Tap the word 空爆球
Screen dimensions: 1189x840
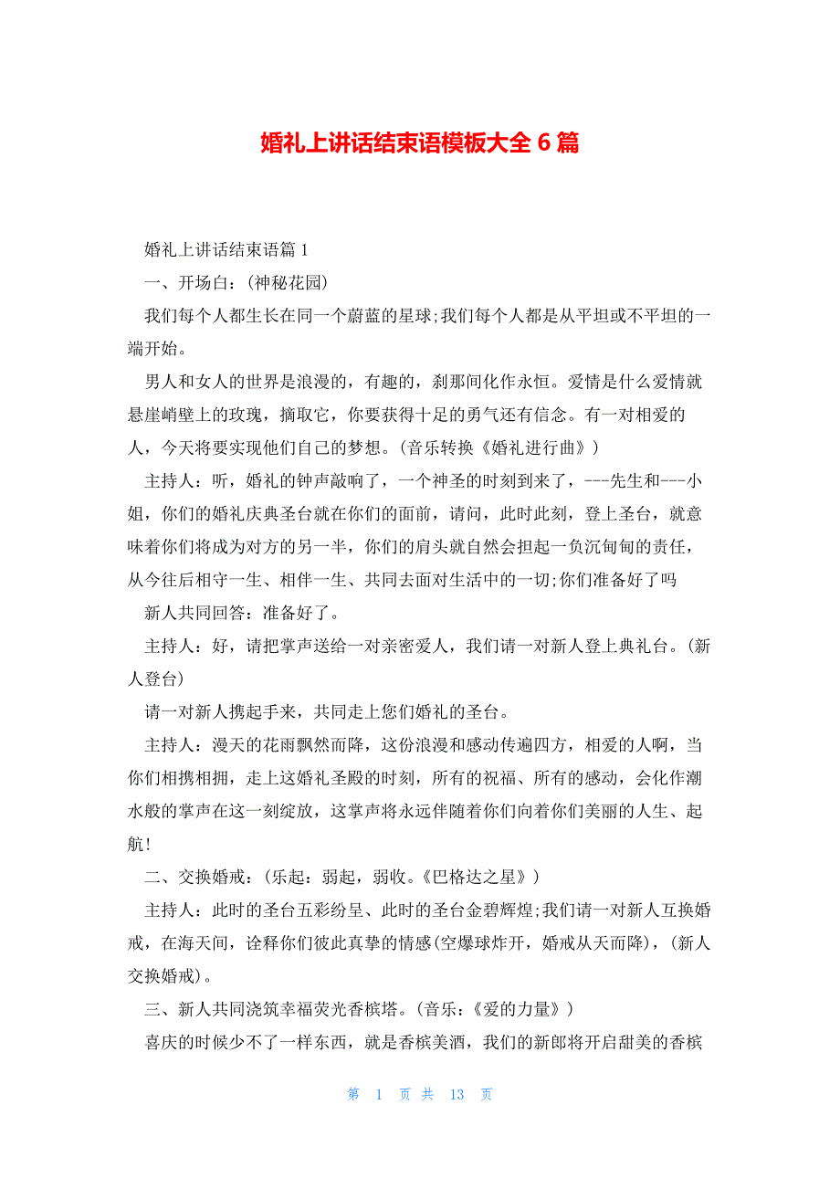coord(462,943)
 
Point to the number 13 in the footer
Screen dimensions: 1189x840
coord(457,1094)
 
